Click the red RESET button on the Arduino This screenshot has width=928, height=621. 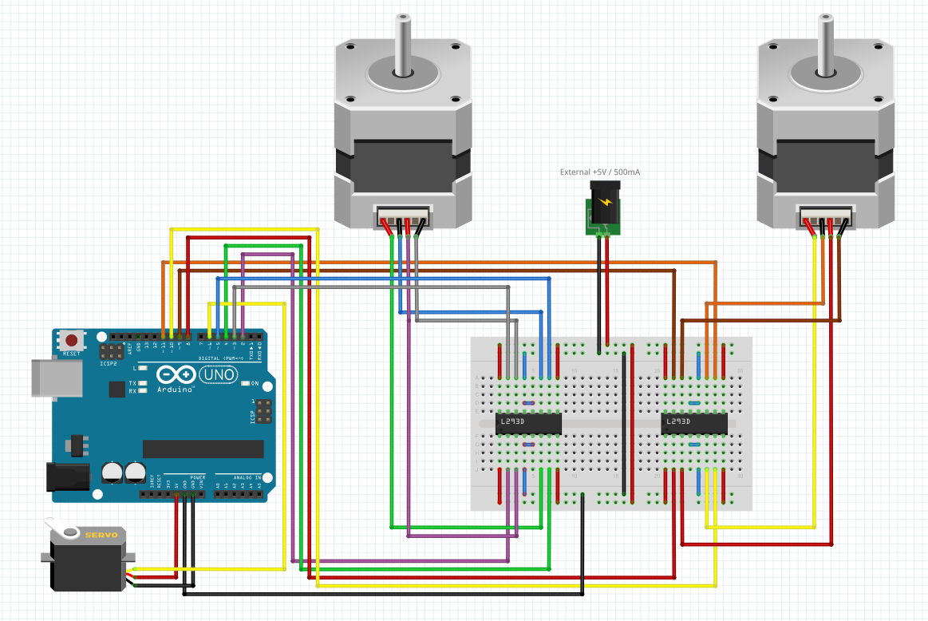coord(71,339)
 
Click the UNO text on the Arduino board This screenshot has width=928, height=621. coord(218,374)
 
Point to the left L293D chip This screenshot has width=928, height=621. coord(528,423)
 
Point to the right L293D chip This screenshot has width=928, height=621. coord(694,423)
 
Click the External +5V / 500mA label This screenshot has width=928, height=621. coord(601,172)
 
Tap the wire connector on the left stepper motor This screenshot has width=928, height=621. coord(404,217)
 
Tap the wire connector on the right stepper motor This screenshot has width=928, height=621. coord(827,217)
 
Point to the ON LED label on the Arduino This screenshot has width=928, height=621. coord(255,384)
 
